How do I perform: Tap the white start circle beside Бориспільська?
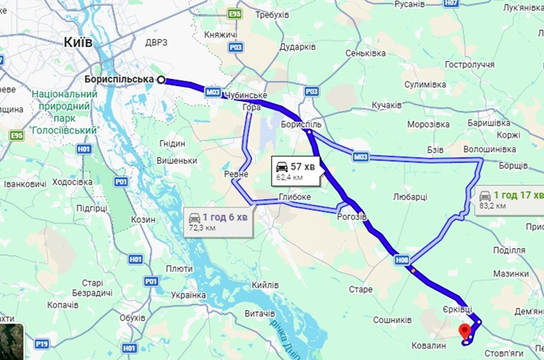tap(161, 80)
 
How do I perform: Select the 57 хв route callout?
tap(296, 171)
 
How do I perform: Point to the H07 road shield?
tap(451, 3)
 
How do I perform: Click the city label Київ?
tap(78, 42)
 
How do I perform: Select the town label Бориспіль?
tap(301, 124)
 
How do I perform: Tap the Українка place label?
tap(188, 295)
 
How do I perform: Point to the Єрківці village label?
tap(457, 309)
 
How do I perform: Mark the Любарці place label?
tap(410, 197)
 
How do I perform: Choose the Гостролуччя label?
tap(469, 64)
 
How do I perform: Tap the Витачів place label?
tap(260, 313)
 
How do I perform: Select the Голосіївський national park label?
tap(68, 112)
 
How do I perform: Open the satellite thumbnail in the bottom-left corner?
tap(11, 342)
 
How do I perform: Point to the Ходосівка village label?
tap(72, 182)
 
